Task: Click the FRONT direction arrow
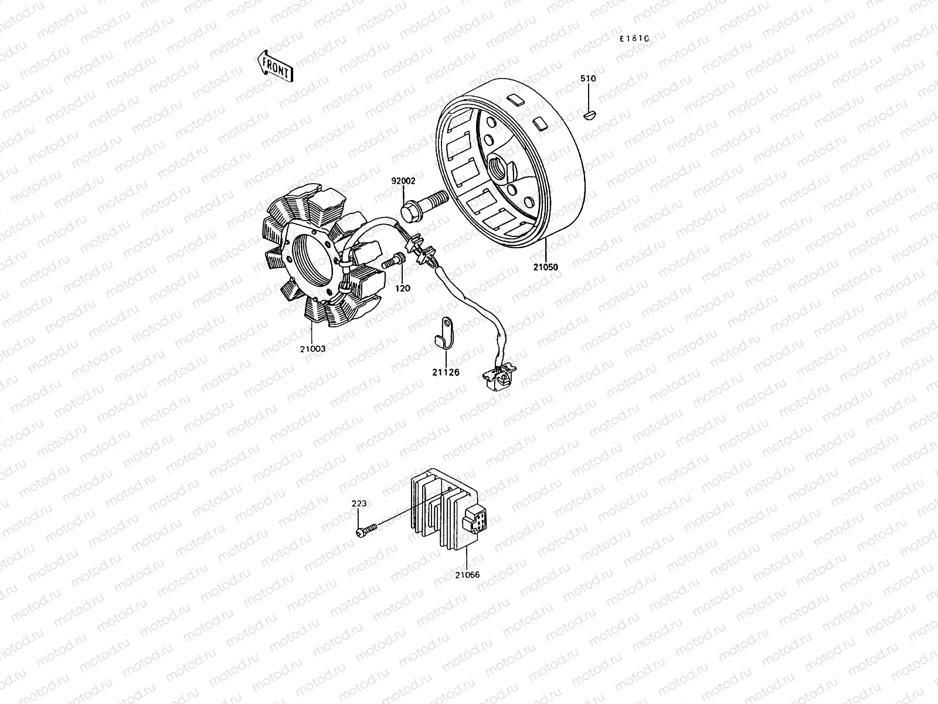(274, 65)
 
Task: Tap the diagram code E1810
(635, 38)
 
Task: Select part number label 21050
(546, 267)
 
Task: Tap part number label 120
(403, 288)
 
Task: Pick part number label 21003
(312, 348)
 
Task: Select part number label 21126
(446, 372)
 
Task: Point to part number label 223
(359, 503)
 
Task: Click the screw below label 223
(365, 532)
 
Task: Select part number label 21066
(467, 575)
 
